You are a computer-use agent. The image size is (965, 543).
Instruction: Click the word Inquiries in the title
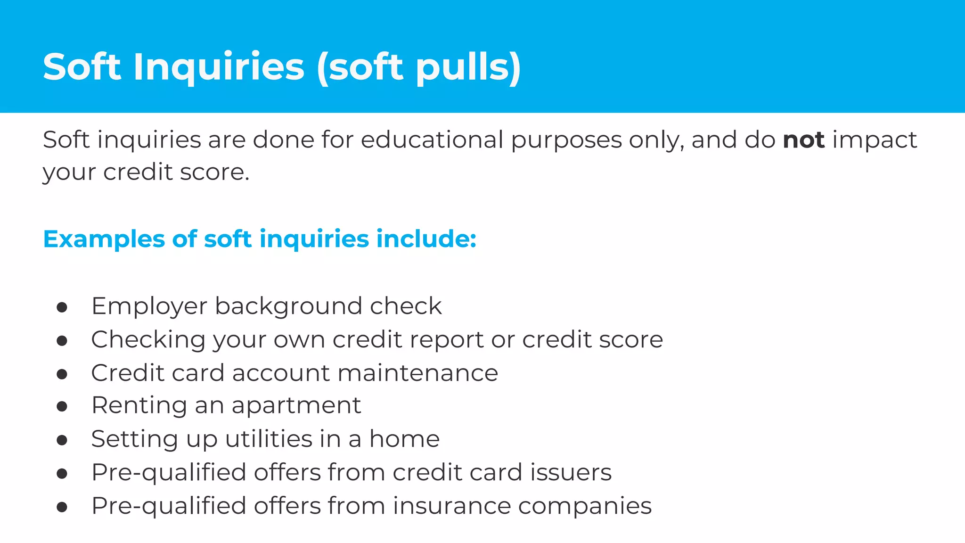click(x=219, y=66)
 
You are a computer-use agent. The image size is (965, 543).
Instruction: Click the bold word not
click(x=803, y=140)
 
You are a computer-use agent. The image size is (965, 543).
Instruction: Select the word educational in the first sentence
click(x=432, y=140)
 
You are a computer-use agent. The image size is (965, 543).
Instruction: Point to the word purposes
click(x=566, y=140)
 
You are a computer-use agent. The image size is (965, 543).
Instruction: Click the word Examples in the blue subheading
click(x=104, y=239)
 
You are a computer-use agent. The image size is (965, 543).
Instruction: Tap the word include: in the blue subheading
click(x=426, y=239)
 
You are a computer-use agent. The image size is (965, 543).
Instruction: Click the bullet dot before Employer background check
click(x=62, y=307)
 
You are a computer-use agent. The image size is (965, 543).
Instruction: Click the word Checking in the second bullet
click(x=148, y=340)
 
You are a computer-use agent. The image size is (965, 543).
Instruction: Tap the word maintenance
click(x=418, y=373)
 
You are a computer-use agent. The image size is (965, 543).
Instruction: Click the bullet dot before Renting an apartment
click(x=62, y=406)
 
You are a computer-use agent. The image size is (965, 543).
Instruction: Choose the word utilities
click(x=269, y=439)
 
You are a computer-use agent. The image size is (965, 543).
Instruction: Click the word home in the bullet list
click(x=404, y=439)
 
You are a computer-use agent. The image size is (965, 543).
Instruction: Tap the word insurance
click(x=452, y=506)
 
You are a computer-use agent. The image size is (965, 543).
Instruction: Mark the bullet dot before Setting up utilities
click(x=62, y=440)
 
